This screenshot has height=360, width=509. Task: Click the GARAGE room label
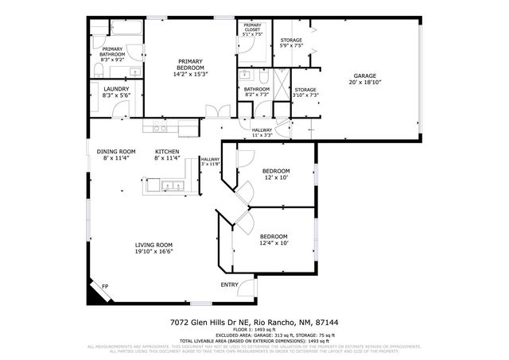365,75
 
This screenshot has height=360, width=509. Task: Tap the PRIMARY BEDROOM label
190,64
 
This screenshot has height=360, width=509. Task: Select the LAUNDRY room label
111,89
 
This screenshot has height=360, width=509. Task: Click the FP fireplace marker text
105,286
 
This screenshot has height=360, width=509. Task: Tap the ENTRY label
229,285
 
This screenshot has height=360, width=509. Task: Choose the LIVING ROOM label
154,245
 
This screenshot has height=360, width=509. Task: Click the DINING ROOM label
116,152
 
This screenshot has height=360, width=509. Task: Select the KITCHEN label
166,152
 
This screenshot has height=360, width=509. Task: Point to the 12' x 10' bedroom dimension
276,177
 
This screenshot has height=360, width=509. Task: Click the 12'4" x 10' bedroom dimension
274,242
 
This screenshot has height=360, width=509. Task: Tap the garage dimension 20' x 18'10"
365,81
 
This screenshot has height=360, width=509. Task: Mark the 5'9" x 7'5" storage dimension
292,45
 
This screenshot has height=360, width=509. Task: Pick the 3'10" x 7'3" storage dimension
305,95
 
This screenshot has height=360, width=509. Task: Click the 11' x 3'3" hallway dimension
262,135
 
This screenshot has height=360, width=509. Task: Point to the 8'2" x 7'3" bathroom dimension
256,95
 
